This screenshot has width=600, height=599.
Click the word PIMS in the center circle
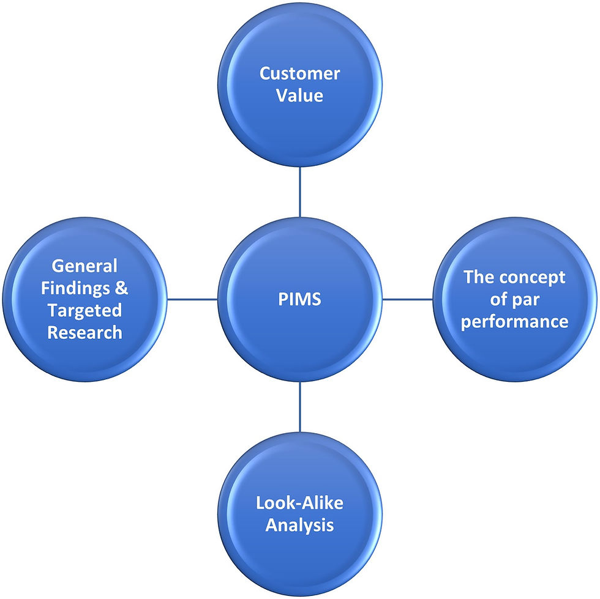(x=299, y=300)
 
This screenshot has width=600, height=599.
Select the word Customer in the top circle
(x=299, y=74)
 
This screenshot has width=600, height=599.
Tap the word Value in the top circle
(x=299, y=96)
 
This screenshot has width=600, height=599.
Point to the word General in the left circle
(x=84, y=266)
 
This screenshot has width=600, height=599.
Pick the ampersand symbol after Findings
(x=122, y=288)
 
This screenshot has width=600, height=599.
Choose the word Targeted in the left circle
(x=84, y=310)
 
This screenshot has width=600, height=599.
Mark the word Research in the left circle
(x=84, y=332)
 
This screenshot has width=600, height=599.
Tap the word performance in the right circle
(x=514, y=321)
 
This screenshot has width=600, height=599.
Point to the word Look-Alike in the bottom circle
(x=299, y=503)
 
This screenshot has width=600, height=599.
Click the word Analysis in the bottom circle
(x=299, y=525)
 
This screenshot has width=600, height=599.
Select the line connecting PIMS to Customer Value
(x=299, y=193)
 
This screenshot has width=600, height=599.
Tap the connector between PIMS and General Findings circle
(x=192, y=299)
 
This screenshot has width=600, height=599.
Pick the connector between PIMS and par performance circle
(x=407, y=299)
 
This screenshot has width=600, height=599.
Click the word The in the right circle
(x=476, y=277)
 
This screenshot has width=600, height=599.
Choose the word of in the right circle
(x=503, y=299)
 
